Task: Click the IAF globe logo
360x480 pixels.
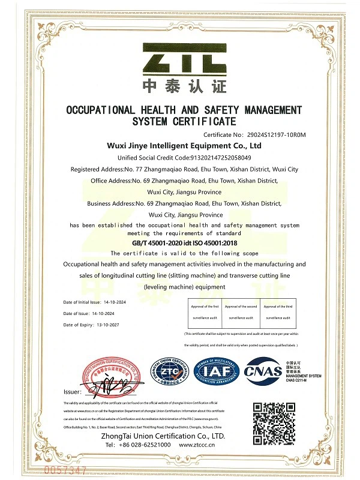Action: pos(216,371)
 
